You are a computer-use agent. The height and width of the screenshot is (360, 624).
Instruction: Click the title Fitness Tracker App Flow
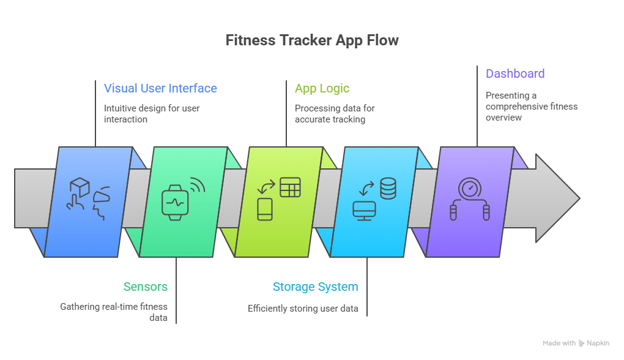311,40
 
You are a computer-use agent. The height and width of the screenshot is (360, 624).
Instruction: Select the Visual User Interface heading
160,88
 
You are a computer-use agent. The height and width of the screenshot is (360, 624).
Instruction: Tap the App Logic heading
322,88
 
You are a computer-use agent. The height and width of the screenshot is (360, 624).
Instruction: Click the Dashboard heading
514,73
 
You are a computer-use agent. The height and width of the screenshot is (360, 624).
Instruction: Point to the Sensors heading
145,287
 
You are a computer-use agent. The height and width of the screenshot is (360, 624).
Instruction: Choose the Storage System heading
315,287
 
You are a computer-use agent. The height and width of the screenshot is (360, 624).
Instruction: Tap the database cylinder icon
387,188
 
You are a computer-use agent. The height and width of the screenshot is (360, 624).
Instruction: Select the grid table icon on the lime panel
290,187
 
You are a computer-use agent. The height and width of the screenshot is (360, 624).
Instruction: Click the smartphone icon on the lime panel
264,209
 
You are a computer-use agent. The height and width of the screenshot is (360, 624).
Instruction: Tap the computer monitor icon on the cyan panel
364,211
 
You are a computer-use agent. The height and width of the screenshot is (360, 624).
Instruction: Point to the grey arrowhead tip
575,198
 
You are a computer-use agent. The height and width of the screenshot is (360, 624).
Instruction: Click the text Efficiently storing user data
303,308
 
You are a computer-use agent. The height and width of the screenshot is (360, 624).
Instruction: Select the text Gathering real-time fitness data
114,312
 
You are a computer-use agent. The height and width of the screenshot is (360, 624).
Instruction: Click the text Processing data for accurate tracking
334,114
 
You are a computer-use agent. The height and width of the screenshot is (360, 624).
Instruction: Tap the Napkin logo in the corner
593,343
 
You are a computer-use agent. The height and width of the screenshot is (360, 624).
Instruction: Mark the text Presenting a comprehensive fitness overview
531,107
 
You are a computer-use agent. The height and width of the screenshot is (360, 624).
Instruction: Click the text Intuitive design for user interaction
151,114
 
